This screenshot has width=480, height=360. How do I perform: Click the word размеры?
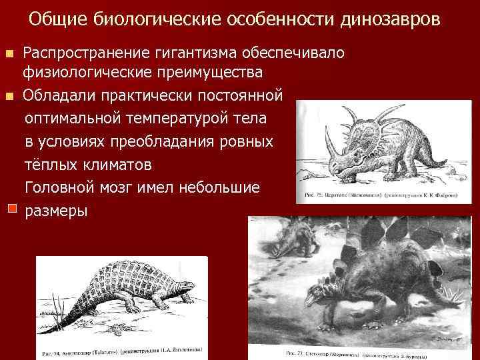click(55, 211)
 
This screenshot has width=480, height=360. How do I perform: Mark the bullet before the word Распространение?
click(9, 53)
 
